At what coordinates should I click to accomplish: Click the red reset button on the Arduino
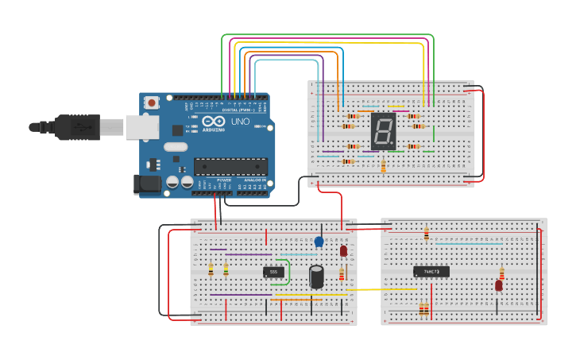pyautogui.click(x=150, y=103)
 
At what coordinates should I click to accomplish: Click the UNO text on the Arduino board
pyautogui.click(x=239, y=122)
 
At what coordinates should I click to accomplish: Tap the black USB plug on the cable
pyautogui.click(x=76, y=126)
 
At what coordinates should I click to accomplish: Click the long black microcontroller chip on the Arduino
pyautogui.click(x=230, y=166)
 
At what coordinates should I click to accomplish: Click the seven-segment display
pyautogui.click(x=382, y=130)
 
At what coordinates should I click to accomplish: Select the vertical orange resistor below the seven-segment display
pyautogui.click(x=383, y=165)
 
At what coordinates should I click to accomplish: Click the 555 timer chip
pyautogui.click(x=273, y=272)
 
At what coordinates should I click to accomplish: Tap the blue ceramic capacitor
pyautogui.click(x=319, y=241)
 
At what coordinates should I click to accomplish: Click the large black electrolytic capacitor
pyautogui.click(x=316, y=277)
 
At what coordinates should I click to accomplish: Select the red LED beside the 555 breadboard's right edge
pyautogui.click(x=343, y=251)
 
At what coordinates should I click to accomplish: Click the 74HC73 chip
pyautogui.click(x=431, y=271)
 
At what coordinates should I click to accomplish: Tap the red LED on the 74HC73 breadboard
pyautogui.click(x=499, y=286)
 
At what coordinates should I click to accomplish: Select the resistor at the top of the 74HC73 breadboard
pyautogui.click(x=426, y=234)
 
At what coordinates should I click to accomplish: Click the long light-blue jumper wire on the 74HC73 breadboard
pyautogui.click(x=477, y=245)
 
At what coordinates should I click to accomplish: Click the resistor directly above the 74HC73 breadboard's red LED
pyautogui.click(x=501, y=273)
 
